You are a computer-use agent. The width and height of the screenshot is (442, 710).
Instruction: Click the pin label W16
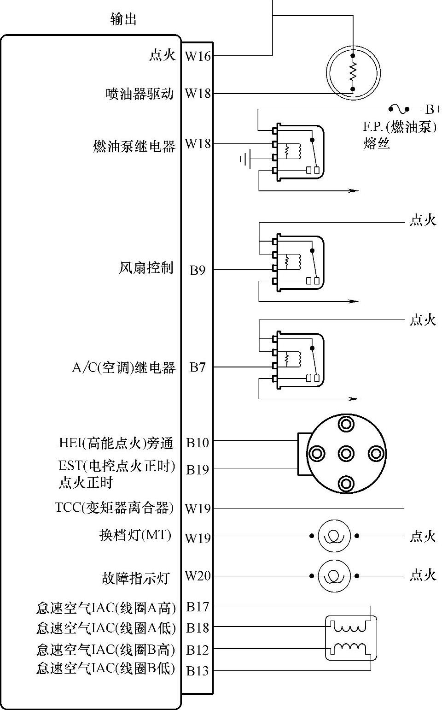[198, 56]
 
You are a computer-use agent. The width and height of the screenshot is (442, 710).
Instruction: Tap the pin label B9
[198, 270]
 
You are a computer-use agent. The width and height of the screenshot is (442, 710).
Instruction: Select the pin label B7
[198, 367]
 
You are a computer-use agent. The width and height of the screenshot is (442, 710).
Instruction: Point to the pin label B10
[198, 443]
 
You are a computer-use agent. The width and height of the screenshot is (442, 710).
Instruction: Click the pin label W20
[198, 576]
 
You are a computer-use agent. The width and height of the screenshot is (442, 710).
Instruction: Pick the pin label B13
[198, 671]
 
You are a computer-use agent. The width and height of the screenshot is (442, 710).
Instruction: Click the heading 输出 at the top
[123, 19]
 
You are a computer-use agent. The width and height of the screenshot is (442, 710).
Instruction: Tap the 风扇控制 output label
[146, 268]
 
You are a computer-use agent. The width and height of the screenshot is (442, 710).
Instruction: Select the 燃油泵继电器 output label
[134, 147]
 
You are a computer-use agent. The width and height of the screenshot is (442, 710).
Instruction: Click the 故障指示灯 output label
[135, 578]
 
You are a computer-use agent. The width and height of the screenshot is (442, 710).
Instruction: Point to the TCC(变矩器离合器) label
[114, 508]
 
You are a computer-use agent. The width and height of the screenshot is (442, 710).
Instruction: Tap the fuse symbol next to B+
[399, 109]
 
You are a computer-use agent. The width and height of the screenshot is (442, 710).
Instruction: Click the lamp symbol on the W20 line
[334, 576]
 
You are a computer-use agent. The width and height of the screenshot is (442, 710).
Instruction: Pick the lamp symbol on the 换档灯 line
[334, 536]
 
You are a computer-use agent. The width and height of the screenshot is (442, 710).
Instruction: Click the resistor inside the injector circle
[353, 72]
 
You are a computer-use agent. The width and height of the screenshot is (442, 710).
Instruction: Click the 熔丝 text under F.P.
[376, 143]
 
